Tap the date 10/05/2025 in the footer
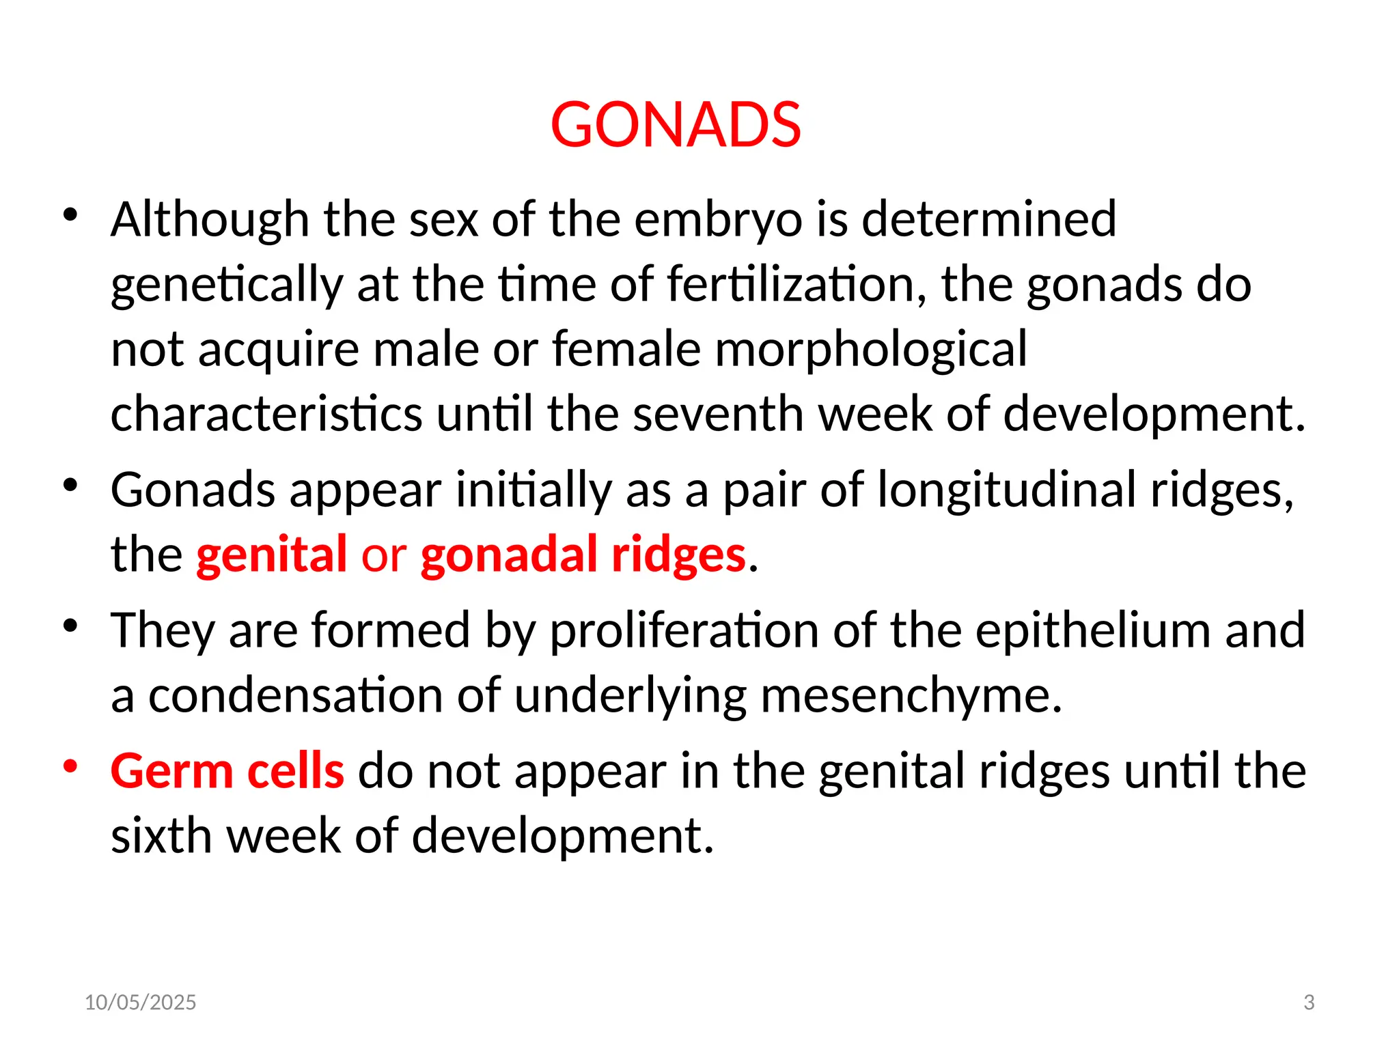point(140,1002)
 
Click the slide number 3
point(1309,1002)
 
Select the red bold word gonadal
point(508,554)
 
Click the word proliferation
point(684,630)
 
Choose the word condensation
point(296,695)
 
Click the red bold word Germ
point(171,771)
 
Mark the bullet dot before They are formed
point(70,625)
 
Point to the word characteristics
point(266,414)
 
